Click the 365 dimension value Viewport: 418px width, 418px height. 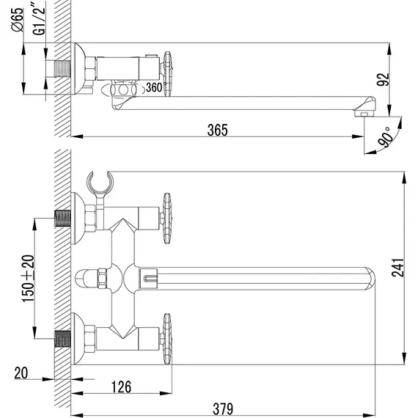click(x=218, y=130)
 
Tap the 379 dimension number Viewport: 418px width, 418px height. click(x=223, y=408)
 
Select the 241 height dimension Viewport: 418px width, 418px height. click(x=397, y=268)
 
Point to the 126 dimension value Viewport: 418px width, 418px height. click(x=121, y=386)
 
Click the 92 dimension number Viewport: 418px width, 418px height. click(x=383, y=79)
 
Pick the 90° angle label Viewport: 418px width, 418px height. click(x=386, y=137)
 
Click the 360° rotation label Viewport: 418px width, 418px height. click(x=155, y=87)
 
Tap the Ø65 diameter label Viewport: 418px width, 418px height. click(x=18, y=20)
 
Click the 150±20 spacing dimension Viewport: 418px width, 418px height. click(x=29, y=279)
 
